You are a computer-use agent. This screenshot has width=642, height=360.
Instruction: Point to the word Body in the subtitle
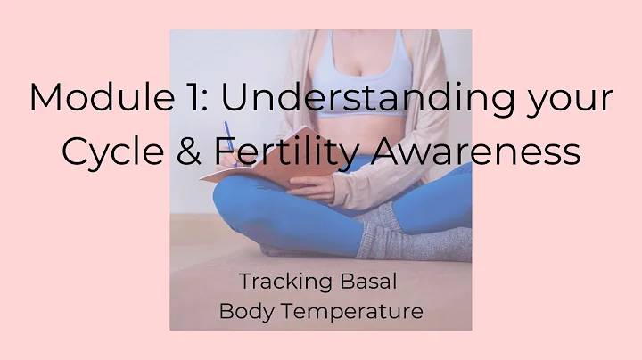(x=248, y=312)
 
